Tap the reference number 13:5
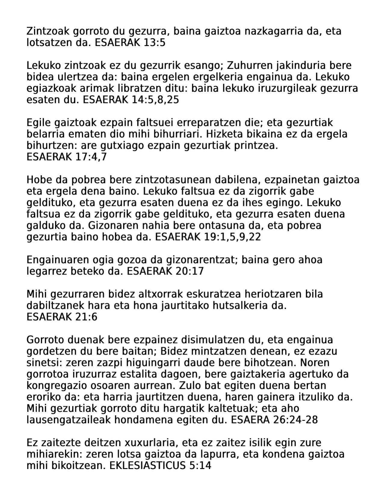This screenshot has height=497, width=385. pyautogui.click(x=155, y=43)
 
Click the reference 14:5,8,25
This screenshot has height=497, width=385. pyautogui.click(x=155, y=100)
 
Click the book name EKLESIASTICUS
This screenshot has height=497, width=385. pyautogui.click(x=147, y=465)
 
